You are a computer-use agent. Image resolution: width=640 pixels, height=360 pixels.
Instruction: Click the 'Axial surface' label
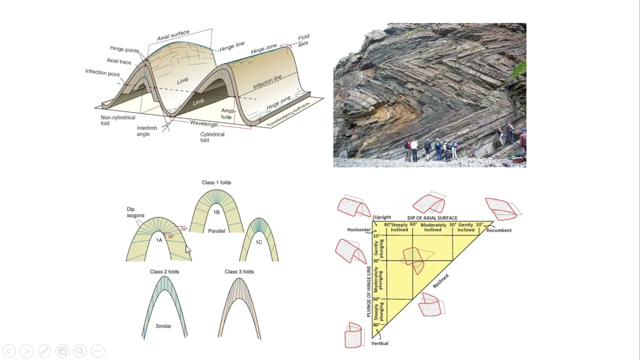[x=173, y=35]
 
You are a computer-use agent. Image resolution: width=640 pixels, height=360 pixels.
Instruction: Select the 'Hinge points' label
[x=124, y=49]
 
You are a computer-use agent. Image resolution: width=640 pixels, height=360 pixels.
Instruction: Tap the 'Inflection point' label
[x=102, y=73]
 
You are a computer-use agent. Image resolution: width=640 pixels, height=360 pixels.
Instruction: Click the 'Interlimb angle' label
[x=146, y=131]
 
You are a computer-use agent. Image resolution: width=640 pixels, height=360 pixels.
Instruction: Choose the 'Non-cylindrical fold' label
[x=118, y=120]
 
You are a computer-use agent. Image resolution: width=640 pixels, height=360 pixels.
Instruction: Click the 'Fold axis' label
[x=303, y=40]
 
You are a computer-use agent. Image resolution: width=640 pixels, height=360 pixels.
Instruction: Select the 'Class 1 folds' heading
[x=216, y=182]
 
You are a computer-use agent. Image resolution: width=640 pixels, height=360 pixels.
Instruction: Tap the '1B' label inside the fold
[x=216, y=212]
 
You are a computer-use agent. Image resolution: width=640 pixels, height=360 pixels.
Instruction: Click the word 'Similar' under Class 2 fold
[x=163, y=326]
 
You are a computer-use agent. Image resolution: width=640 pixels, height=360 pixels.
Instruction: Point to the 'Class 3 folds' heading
[x=239, y=271]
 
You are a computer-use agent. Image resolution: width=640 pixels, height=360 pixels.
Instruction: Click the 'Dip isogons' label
[x=134, y=212]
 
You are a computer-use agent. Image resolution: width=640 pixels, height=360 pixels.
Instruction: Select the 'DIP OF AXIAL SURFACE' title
[x=432, y=218]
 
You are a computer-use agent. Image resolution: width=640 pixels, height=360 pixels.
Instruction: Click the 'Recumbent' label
[x=498, y=230]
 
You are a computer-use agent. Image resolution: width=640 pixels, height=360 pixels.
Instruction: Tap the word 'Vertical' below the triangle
[x=380, y=343]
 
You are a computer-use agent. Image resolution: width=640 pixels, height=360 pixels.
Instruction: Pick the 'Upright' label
[x=382, y=217]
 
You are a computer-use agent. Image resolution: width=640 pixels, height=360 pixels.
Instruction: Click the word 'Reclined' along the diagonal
[x=440, y=280]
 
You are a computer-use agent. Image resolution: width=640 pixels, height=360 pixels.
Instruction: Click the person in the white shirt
[x=414, y=148]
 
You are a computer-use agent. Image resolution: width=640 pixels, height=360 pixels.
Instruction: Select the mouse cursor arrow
[x=188, y=250]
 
